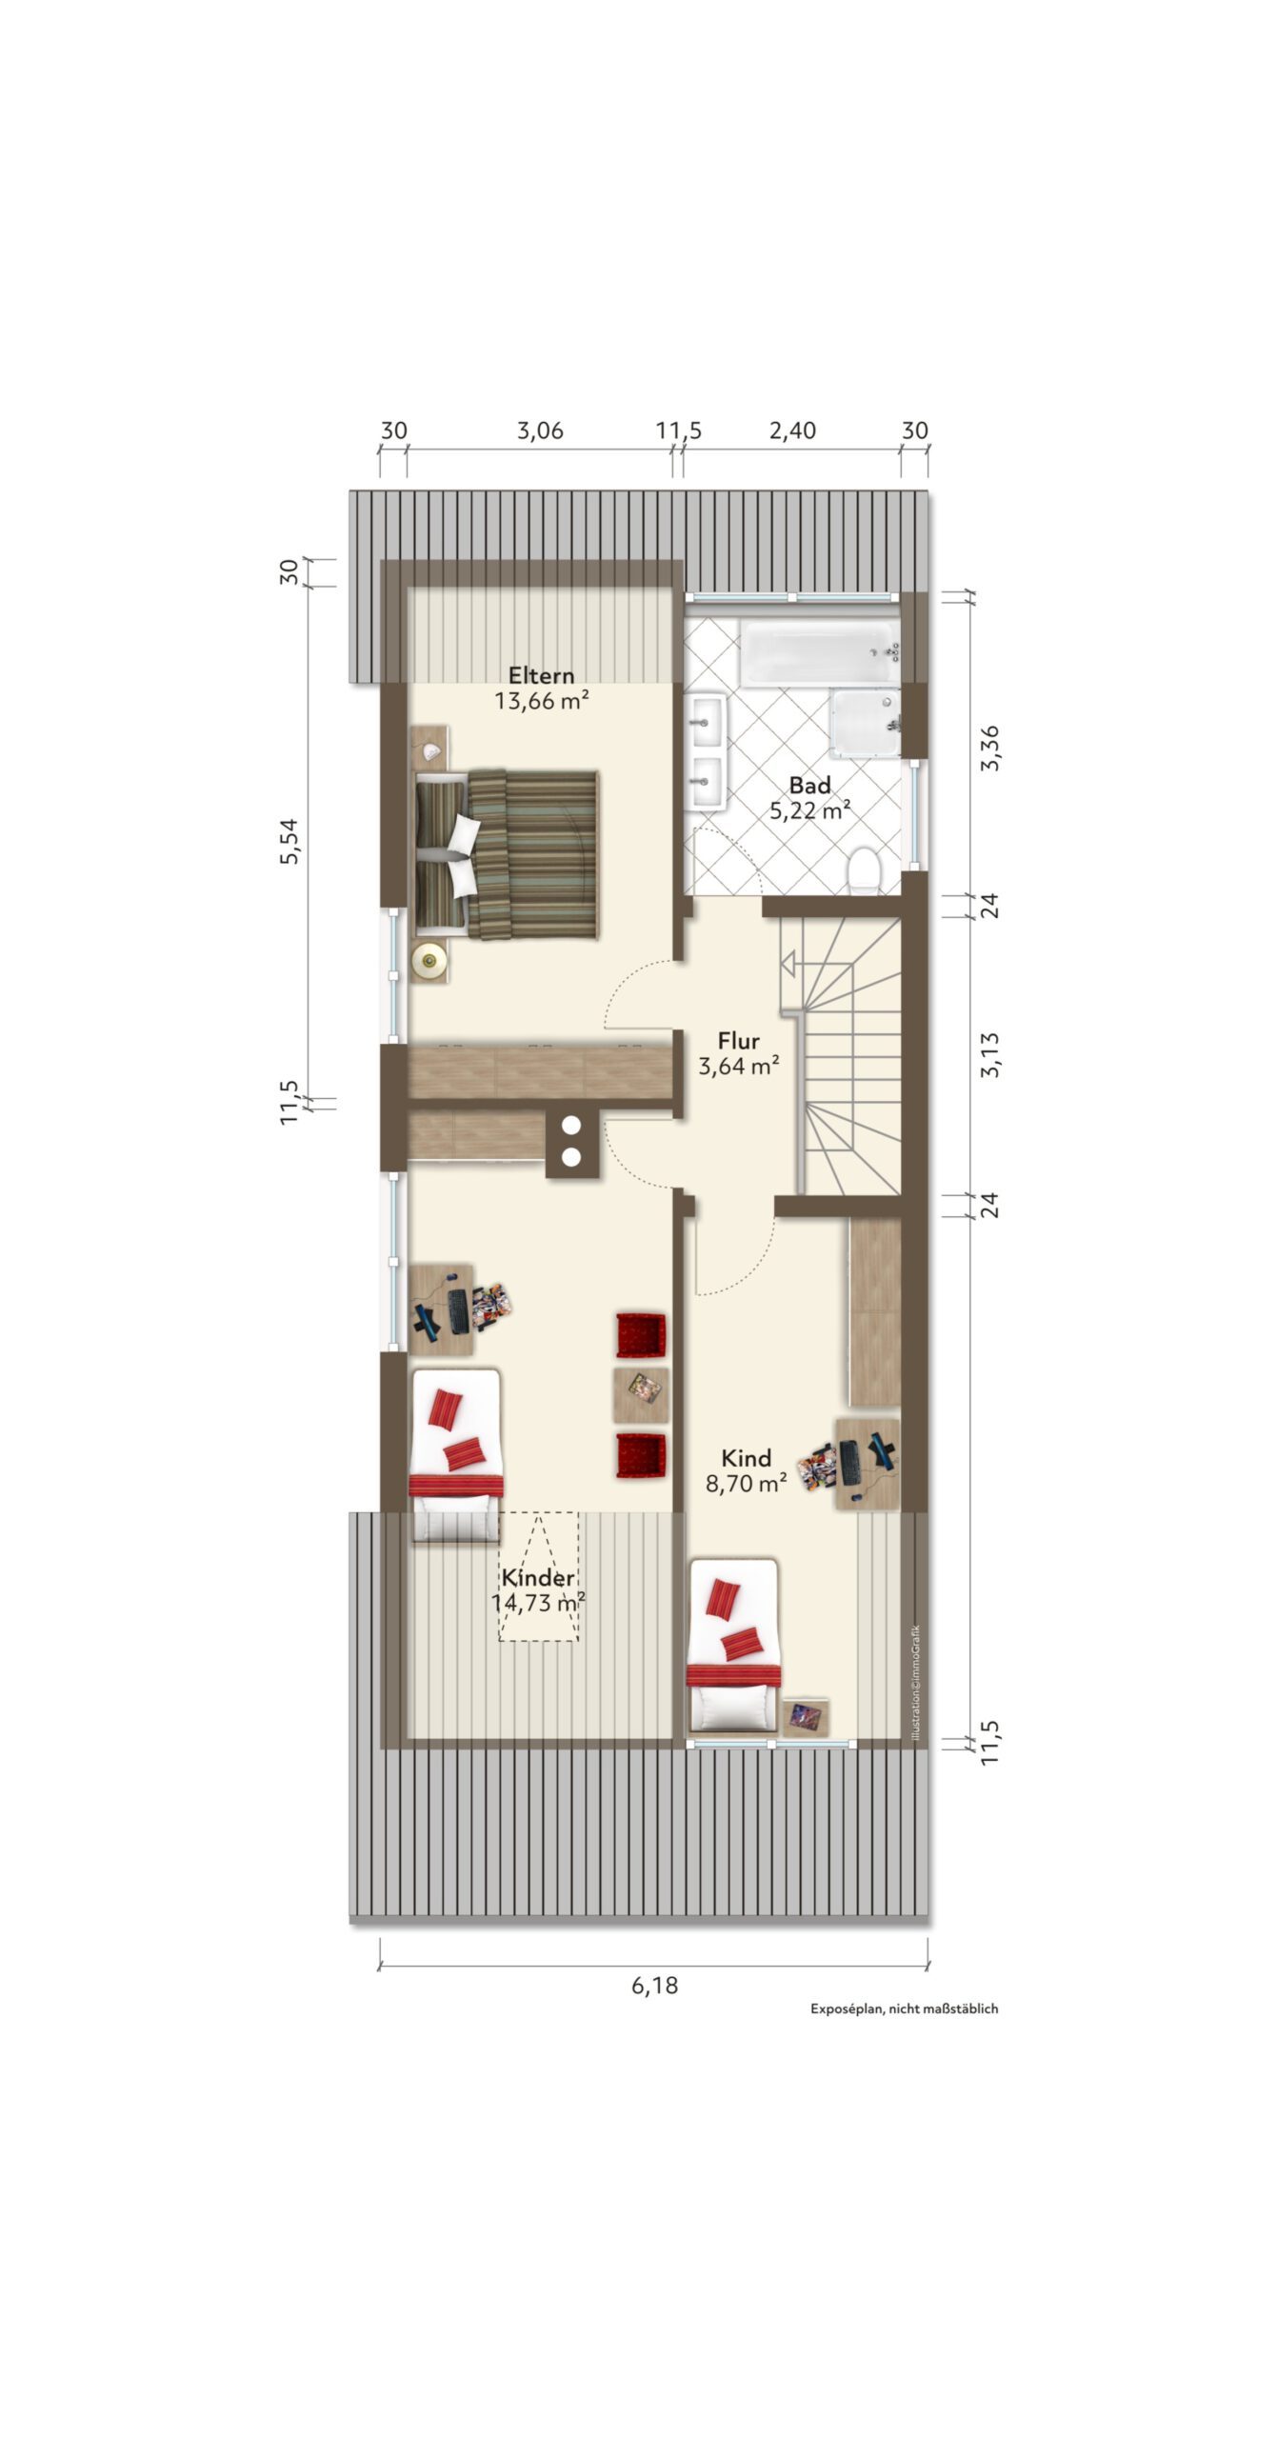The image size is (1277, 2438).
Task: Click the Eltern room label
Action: click(541, 675)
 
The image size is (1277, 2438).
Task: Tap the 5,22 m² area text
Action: click(809, 810)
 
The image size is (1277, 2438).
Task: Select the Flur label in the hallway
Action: click(738, 1041)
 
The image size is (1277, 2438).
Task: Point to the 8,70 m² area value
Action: click(746, 1483)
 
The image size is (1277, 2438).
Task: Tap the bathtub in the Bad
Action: click(820, 652)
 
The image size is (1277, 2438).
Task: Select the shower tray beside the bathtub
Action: click(865, 723)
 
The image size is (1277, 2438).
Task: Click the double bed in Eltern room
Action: click(506, 853)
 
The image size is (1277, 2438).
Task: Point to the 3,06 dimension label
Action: click(540, 430)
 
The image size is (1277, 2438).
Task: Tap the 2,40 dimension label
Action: click(792, 430)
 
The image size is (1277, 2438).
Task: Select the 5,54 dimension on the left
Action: click(289, 841)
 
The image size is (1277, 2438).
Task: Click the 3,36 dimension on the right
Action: click(990, 748)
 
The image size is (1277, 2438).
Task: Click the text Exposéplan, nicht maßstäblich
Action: click(904, 2008)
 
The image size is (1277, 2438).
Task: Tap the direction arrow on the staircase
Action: click(788, 964)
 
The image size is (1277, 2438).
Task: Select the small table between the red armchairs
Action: click(641, 1396)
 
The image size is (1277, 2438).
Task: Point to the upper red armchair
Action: click(641, 1335)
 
